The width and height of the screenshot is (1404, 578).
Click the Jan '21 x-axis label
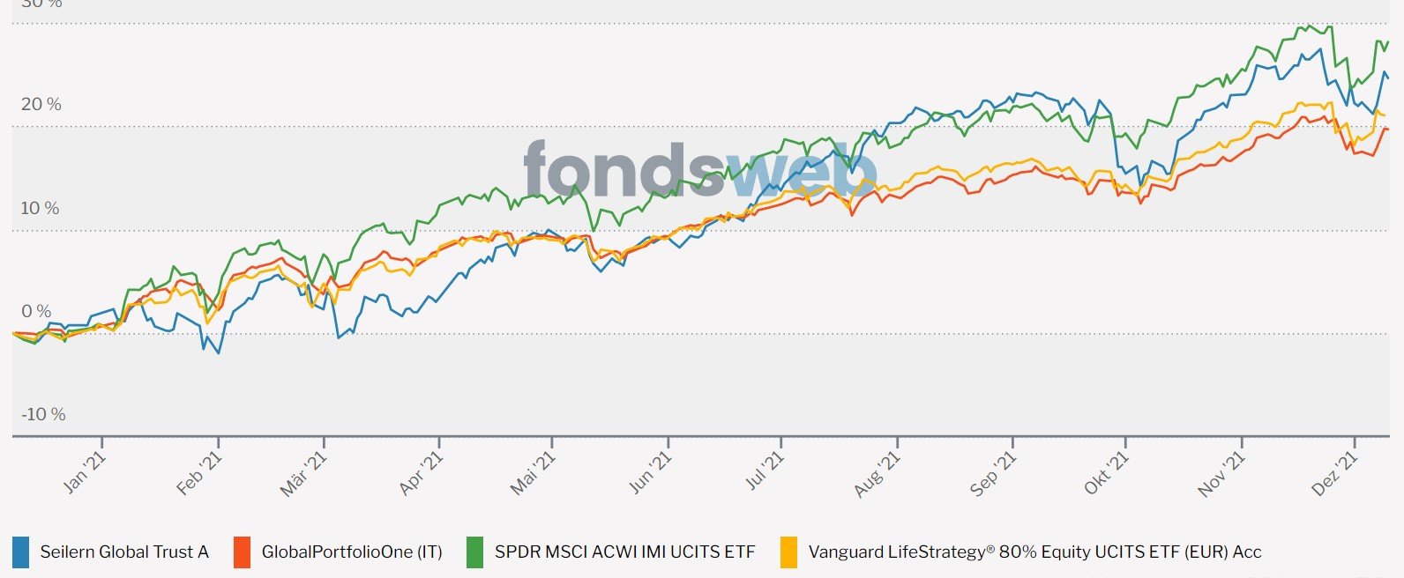tap(85, 472)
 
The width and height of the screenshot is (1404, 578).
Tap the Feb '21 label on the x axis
tap(199, 473)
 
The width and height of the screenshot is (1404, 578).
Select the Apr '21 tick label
tap(421, 473)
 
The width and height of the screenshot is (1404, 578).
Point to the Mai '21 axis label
tap(534, 473)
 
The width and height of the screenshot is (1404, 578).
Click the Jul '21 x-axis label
tap(765, 472)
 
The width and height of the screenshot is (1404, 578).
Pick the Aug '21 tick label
tap(877, 473)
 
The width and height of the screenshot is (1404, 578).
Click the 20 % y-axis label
tap(41, 105)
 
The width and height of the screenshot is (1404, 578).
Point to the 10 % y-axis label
tap(41, 209)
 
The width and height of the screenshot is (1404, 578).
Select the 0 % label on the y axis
tap(36, 312)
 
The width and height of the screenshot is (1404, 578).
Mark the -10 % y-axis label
tap(43, 415)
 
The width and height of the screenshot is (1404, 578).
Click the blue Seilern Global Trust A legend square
tap(20, 552)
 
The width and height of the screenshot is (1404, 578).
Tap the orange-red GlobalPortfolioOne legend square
tap(242, 552)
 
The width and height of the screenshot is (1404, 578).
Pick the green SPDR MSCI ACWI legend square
tap(474, 552)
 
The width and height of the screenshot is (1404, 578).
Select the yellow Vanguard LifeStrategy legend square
tap(788, 552)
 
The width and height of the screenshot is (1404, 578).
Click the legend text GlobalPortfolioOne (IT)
tap(352, 552)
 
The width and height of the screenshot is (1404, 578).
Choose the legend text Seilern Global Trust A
tap(124, 552)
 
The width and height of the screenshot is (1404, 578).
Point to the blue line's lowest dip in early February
tap(219, 352)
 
